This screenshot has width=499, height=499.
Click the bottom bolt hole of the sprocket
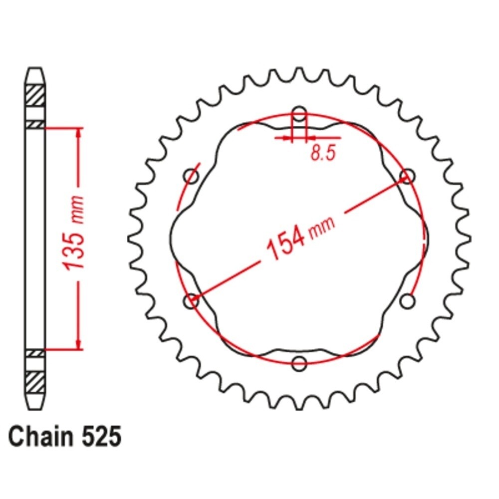tap(299, 363)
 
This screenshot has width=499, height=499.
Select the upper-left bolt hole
tap(191, 176)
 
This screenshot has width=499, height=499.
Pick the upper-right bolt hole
tap(408, 176)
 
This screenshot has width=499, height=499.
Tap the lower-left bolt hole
tap(191, 301)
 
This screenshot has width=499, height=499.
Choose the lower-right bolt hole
tap(408, 301)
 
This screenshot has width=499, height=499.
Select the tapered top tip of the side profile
tap(35, 75)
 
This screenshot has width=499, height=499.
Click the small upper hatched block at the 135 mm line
tap(35, 123)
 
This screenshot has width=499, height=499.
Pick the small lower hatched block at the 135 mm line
tap(35, 353)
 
